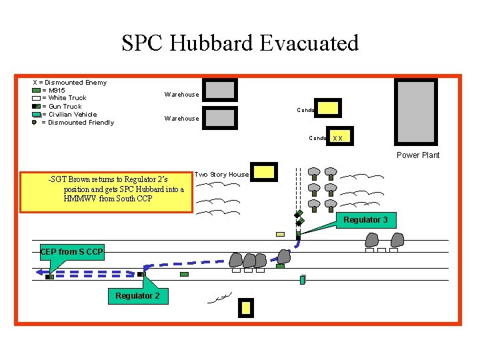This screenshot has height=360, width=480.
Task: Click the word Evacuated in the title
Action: pos(309,43)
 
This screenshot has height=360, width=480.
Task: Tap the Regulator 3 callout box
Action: pos(365,219)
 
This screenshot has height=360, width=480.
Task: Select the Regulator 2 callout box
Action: pos(138,295)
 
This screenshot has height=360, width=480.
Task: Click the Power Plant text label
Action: pos(418,155)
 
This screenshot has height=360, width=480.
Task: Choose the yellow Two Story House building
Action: pos(264,172)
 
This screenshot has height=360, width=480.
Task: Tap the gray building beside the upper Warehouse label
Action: pos(219,90)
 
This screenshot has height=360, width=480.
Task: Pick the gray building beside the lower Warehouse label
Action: pos(219,117)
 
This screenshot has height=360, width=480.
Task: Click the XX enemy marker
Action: pos(337,139)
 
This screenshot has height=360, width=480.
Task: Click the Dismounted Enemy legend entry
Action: pos(70,82)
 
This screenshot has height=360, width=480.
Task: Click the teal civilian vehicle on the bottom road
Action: pos(302,280)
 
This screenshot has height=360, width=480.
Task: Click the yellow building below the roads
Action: pos(246,307)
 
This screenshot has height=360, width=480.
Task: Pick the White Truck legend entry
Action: pos(64,98)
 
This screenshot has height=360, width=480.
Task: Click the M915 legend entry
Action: pos(53,90)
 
